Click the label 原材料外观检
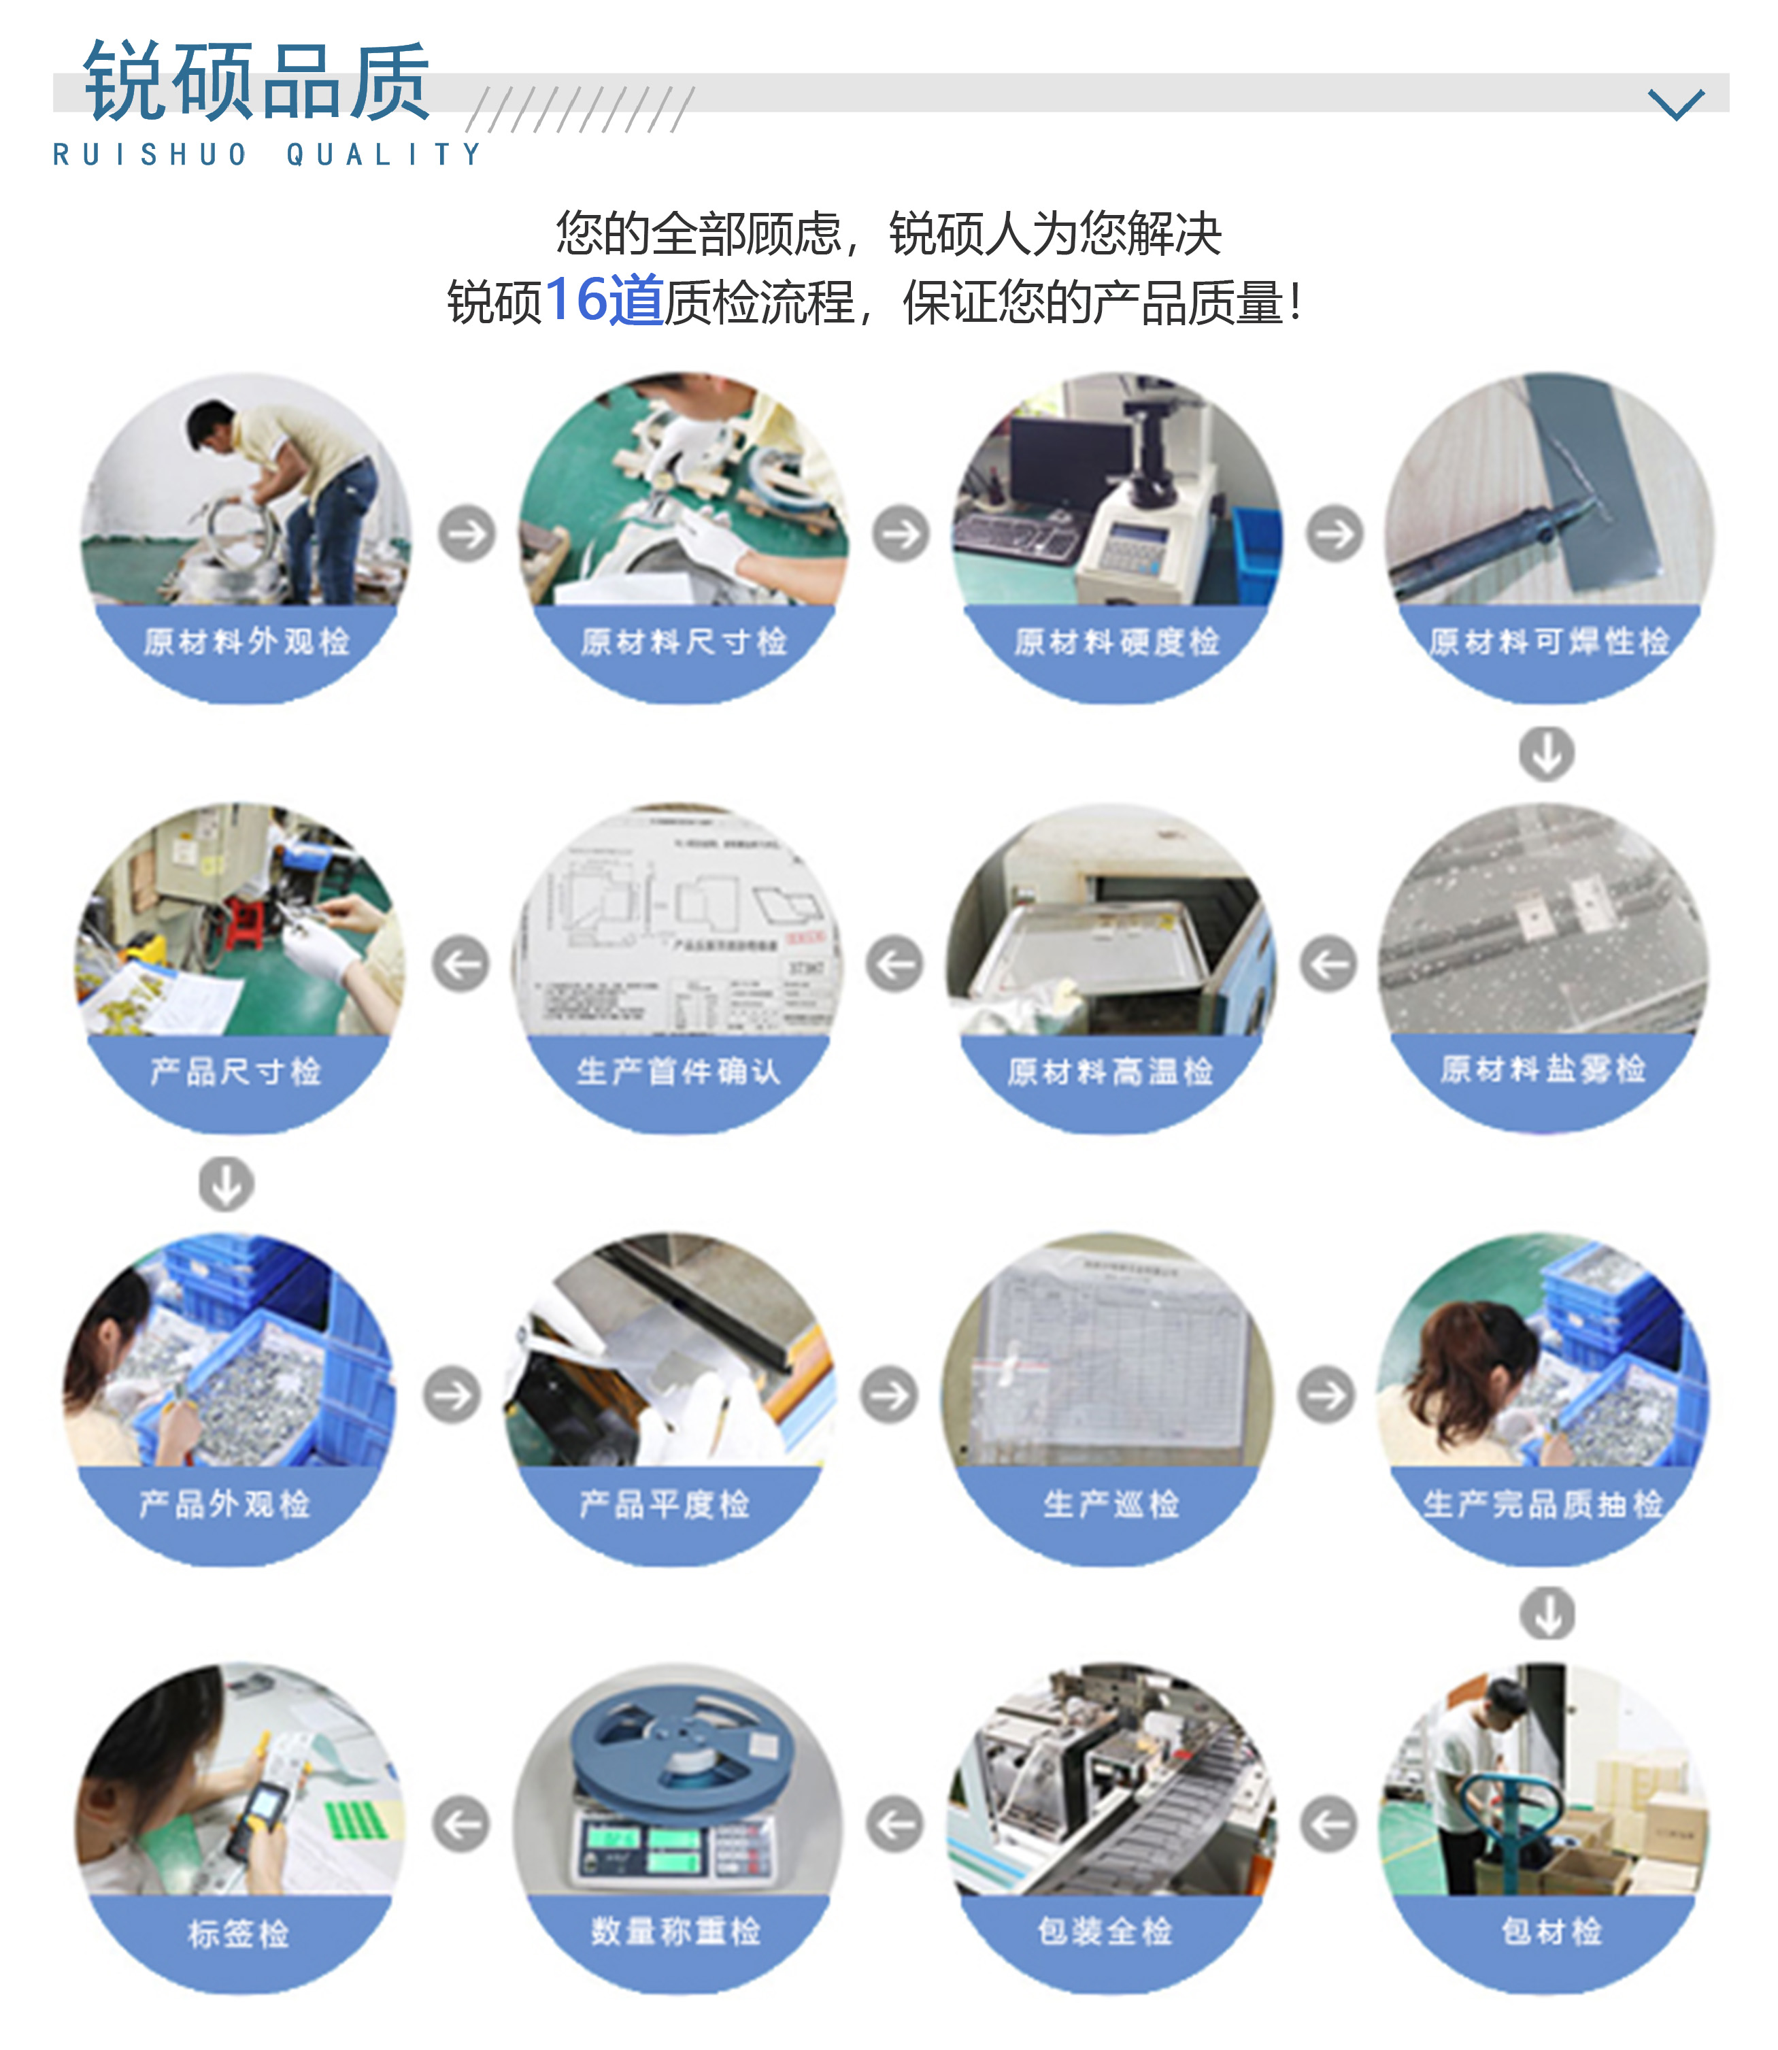[x=246, y=642]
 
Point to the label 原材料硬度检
[x=1116, y=642]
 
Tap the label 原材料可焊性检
[x=1549, y=642]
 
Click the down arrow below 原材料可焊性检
[x=1546, y=754]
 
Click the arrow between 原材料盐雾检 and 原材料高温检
[x=1328, y=963]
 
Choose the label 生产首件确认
[x=679, y=1072]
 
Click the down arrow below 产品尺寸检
[x=227, y=1184]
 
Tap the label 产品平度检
[x=664, y=1504]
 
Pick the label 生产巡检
[x=1110, y=1504]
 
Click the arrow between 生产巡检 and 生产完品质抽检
[x=1326, y=1395]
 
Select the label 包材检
[x=1551, y=1931]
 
